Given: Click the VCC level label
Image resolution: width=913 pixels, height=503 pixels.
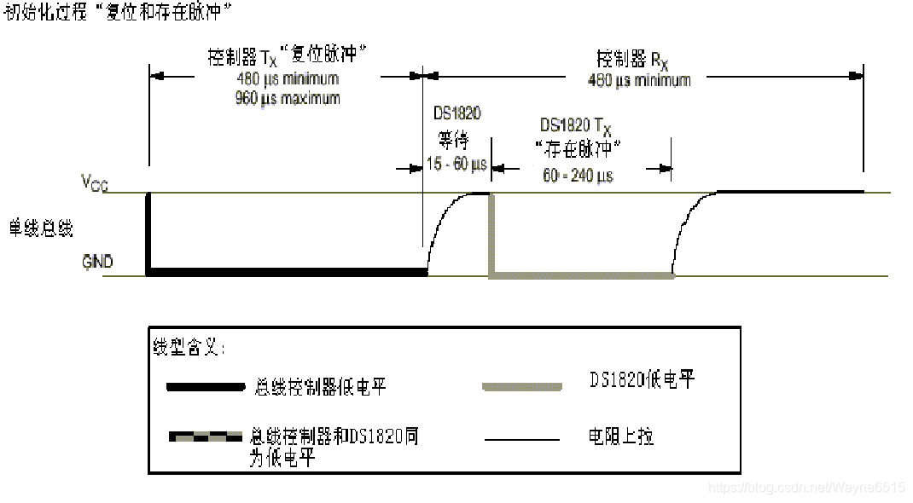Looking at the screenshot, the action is [94, 182].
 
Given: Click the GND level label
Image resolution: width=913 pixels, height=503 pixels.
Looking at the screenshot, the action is [97, 262].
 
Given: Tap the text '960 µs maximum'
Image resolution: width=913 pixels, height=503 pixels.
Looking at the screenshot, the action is [287, 98].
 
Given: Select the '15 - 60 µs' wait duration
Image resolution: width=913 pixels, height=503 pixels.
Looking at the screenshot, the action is [456, 164].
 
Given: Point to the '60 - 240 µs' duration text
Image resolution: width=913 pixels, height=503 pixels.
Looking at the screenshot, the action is [578, 176].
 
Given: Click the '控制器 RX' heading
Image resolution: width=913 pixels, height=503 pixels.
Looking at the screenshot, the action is [632, 60].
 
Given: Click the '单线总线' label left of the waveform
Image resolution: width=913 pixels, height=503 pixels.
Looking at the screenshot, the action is [41, 228].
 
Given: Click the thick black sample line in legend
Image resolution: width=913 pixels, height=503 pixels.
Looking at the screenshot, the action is [206, 387].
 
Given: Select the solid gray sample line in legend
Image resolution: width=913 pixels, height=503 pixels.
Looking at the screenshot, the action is [522, 387].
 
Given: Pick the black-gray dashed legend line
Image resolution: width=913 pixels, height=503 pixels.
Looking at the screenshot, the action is [206, 437].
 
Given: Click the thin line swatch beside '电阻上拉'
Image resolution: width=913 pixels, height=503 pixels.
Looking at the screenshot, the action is [522, 439].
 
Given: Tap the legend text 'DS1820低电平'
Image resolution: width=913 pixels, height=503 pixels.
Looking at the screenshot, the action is [642, 380].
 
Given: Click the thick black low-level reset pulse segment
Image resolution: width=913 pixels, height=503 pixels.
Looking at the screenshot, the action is [287, 273].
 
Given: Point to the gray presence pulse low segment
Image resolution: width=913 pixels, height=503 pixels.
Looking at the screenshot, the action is [581, 275].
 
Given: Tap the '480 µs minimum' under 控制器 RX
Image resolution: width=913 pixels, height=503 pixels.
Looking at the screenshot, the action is [639, 80].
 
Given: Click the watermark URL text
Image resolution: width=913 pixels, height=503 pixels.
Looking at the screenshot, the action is [806, 487].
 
